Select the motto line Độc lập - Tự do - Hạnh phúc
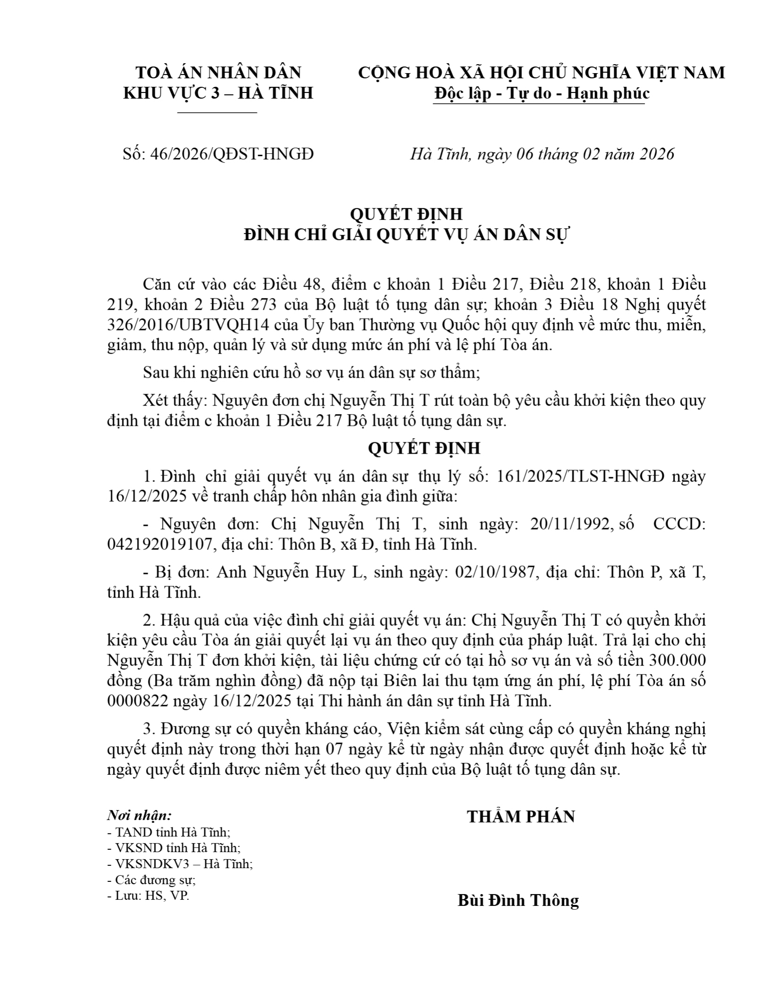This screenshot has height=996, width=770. (542, 93)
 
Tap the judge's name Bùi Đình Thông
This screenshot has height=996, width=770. (518, 900)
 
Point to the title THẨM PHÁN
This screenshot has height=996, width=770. (521, 817)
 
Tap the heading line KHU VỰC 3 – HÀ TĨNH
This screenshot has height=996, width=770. (218, 93)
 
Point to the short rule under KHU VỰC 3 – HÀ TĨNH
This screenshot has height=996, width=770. (217, 113)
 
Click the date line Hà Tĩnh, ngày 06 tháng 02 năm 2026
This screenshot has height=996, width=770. (542, 154)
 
